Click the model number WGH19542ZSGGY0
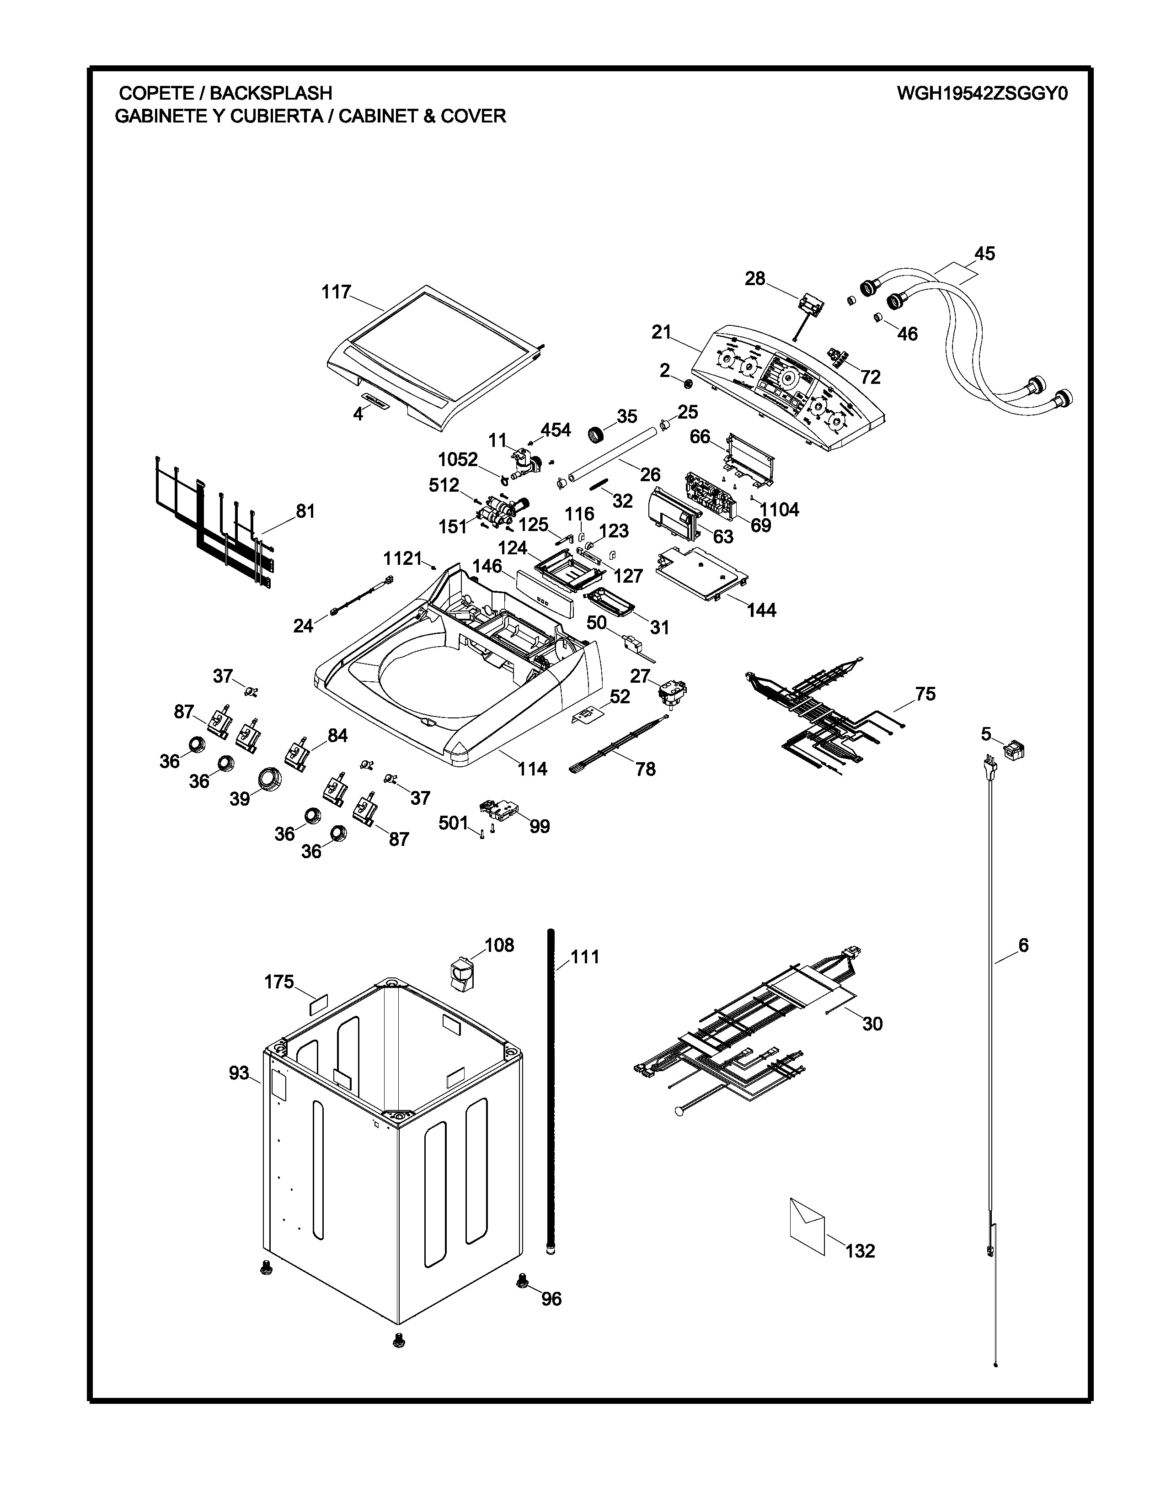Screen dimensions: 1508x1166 click(982, 93)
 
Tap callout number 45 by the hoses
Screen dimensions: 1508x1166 click(984, 254)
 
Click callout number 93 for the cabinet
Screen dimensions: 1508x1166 click(239, 1073)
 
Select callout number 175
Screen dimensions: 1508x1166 click(279, 982)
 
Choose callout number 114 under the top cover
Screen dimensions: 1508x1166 click(533, 769)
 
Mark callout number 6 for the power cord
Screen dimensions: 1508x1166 click(1023, 945)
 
